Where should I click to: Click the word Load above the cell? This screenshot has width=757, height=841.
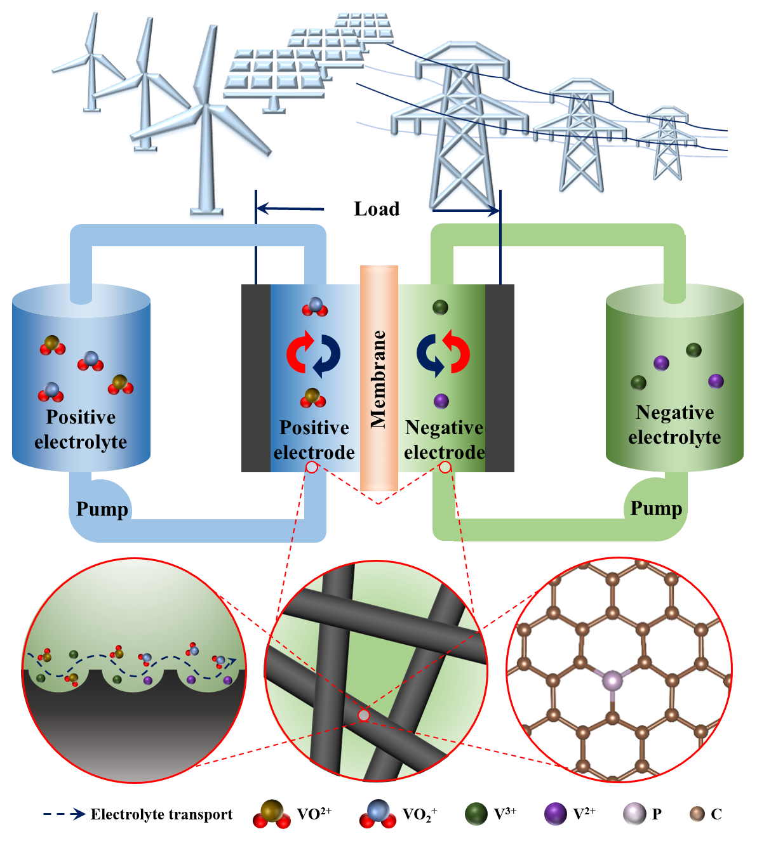(x=377, y=209)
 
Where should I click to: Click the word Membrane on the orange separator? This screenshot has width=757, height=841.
(x=378, y=379)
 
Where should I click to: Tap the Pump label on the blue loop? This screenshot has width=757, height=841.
(x=102, y=509)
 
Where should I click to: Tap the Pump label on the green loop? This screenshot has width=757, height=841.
(x=656, y=508)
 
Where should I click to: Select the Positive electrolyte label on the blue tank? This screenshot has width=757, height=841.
(x=81, y=429)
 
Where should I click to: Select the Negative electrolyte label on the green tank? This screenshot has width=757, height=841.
(x=674, y=425)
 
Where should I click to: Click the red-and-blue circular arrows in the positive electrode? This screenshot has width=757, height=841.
(x=313, y=354)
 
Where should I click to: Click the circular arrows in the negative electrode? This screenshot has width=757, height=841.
(x=443, y=353)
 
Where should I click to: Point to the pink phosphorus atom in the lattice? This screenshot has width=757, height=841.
(x=613, y=681)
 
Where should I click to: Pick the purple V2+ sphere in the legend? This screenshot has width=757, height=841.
(x=556, y=814)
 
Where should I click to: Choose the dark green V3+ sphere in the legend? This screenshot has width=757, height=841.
(x=476, y=814)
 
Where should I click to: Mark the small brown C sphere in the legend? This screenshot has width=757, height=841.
(x=697, y=814)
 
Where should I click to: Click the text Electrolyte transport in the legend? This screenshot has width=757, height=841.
(x=161, y=814)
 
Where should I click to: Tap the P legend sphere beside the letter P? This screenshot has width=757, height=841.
(x=634, y=814)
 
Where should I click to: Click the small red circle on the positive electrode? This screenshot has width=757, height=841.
(x=312, y=467)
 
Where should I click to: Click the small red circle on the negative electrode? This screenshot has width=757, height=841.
(x=445, y=467)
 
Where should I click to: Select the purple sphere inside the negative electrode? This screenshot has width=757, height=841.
(x=441, y=401)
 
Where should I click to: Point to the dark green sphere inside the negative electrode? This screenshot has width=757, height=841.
(x=440, y=308)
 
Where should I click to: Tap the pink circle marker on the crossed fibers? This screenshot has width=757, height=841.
(x=364, y=715)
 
